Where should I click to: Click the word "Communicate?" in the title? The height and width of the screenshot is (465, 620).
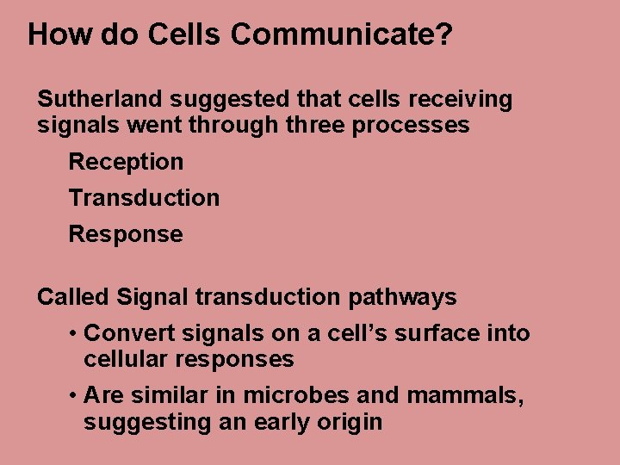click(342, 34)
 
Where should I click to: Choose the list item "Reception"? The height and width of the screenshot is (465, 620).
click(126, 162)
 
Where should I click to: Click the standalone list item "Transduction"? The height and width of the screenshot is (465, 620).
click(144, 198)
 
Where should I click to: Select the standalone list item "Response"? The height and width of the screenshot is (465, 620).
click(126, 234)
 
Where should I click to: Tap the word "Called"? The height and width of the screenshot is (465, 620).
click(73, 298)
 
